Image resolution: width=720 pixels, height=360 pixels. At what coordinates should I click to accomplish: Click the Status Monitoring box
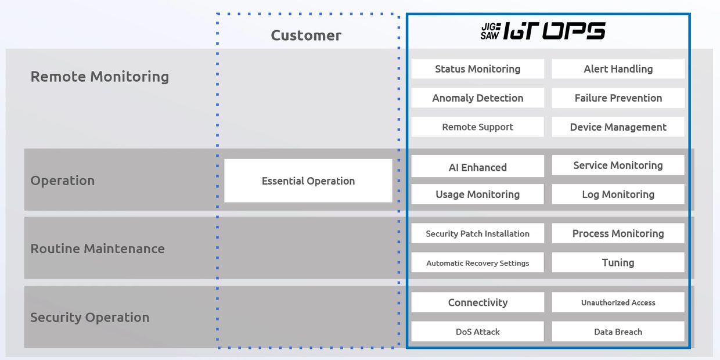coord(477,69)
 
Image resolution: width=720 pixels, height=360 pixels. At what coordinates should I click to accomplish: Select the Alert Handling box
coord(618,69)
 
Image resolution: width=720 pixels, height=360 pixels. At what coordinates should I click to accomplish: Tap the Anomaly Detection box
coord(477,98)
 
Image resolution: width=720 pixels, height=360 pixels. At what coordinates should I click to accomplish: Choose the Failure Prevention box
coord(618,98)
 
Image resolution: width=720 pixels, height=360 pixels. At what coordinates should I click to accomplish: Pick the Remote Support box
coord(477,127)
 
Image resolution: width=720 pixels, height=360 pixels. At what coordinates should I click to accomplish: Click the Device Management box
coord(618,127)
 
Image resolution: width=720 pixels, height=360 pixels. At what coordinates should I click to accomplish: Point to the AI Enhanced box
coord(477,167)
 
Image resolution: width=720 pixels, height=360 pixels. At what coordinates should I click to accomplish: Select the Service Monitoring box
coord(618,165)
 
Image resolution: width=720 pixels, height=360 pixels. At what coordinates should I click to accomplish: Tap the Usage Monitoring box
coord(477,194)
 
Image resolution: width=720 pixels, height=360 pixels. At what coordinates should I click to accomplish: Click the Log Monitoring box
coord(618,194)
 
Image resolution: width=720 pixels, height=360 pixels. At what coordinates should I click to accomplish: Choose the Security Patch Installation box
coord(477,233)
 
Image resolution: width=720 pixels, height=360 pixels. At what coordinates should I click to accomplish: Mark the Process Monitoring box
coord(618,233)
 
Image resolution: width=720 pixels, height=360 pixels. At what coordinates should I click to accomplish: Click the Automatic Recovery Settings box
coord(477,262)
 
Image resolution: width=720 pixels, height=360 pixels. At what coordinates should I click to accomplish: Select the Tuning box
coord(618,262)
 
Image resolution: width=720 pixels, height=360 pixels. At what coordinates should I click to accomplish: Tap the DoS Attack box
coord(477,332)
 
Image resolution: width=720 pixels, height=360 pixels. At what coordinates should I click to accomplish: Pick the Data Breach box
coord(618,332)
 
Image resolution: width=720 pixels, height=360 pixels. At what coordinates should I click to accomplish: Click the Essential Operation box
coord(308,181)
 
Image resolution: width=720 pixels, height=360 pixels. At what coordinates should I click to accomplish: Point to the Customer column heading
coord(306,35)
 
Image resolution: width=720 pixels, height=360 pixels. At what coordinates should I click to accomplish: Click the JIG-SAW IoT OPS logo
coord(543,31)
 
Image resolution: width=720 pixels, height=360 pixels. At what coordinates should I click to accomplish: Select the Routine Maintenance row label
coord(98,249)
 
